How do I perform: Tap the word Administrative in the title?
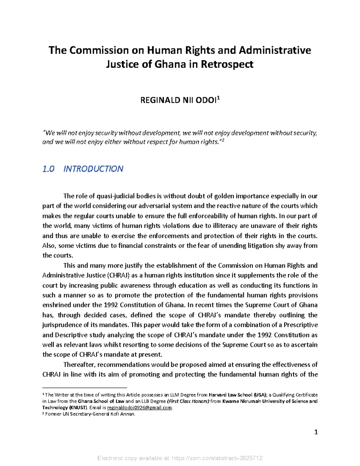[x=275, y=50]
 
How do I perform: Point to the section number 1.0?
[x=48, y=169]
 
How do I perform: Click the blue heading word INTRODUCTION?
[x=93, y=169]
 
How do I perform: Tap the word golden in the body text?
[x=224, y=196]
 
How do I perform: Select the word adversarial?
[x=153, y=206]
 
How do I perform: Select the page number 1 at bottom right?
[x=316, y=432]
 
